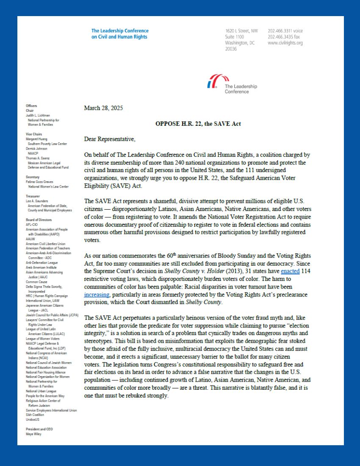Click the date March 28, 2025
click(103, 108)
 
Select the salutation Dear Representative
click(110, 139)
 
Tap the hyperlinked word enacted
click(290, 271)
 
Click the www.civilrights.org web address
click(285, 43)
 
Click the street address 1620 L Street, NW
click(241, 31)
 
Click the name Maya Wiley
click(33, 434)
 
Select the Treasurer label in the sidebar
click(33, 196)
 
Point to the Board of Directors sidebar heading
click(39, 220)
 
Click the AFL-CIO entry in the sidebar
click(32, 225)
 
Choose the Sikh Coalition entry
click(35, 415)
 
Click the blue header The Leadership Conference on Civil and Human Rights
click(120, 34)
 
